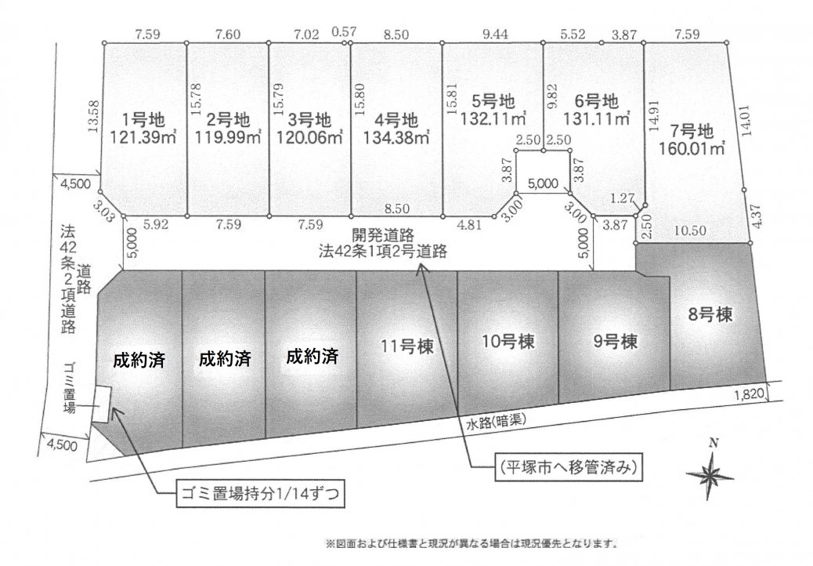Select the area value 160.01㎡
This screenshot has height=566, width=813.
692,148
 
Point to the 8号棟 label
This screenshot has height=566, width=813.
710,314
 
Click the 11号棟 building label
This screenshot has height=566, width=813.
407,346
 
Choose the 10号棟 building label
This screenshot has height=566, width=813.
508,342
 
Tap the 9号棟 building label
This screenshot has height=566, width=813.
615,342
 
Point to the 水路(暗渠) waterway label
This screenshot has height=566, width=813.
496,421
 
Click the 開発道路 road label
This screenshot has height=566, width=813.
382,237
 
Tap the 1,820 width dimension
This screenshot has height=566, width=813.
748,394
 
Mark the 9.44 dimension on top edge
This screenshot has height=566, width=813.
495,34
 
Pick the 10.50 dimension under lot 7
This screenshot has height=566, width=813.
691,230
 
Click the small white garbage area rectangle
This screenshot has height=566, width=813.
101,405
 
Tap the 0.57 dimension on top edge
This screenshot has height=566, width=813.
344,31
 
